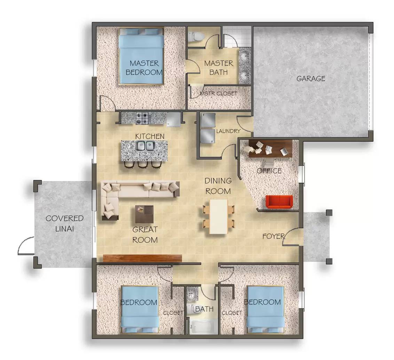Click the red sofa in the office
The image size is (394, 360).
[x=279, y=202]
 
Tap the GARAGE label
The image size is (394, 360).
[x=311, y=79]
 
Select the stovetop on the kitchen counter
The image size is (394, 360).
[x=142, y=118]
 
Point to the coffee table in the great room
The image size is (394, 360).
[x=144, y=214]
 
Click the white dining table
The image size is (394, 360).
[x=219, y=216]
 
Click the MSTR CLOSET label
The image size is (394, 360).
[x=218, y=94]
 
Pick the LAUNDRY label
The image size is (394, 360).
[x=228, y=131]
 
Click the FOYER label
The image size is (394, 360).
[x=273, y=236]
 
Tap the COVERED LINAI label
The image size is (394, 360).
[x=64, y=224]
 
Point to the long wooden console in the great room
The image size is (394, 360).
[x=143, y=258]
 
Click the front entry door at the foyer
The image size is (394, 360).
[x=292, y=237]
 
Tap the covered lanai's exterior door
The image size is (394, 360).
[x=26, y=245]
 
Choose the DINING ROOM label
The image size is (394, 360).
[x=218, y=186]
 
